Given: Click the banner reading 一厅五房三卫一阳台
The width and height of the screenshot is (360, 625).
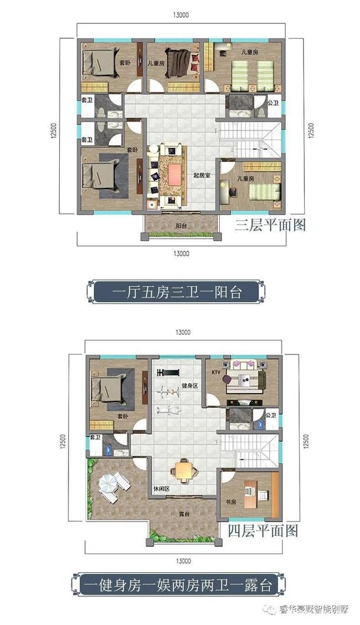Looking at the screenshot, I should point(177,293).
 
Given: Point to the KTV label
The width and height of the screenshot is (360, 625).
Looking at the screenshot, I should point(215,372).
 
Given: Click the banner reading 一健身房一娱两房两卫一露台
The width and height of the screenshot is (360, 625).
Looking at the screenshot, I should point(177,585).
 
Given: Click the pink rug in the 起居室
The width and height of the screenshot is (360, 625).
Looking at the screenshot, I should point(170,174).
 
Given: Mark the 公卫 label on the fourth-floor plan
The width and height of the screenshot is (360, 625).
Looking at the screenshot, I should point(271,415).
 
